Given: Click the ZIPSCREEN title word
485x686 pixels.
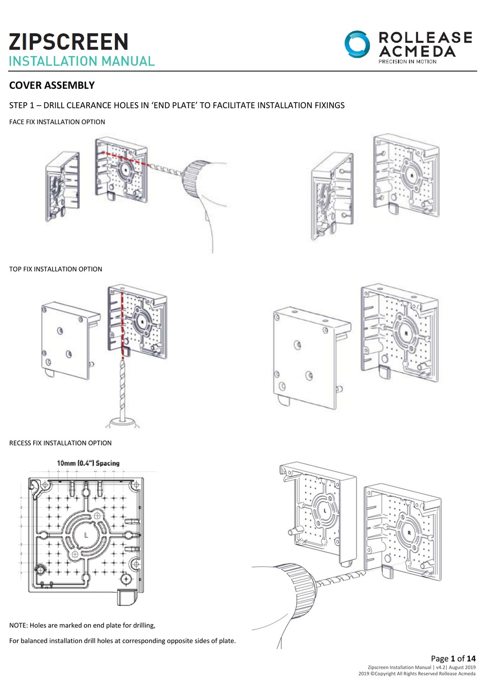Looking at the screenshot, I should (68, 42).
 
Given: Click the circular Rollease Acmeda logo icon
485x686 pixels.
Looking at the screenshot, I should (357, 44).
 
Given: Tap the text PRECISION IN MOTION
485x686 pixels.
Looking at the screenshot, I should (407, 62).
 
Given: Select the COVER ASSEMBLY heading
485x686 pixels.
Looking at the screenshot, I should (52, 85).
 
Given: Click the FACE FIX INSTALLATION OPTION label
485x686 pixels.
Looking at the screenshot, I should (57, 122).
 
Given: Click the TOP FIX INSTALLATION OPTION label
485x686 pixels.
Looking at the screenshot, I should (56, 269).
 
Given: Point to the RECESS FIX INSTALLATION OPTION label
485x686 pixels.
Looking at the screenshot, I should (60, 443).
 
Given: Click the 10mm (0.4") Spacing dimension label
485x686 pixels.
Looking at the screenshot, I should (88, 463).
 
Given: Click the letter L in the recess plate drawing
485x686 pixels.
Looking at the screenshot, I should (86, 535).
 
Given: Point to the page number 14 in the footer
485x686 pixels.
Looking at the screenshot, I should (471, 659).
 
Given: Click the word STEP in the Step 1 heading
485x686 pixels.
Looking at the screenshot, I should (19, 105).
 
